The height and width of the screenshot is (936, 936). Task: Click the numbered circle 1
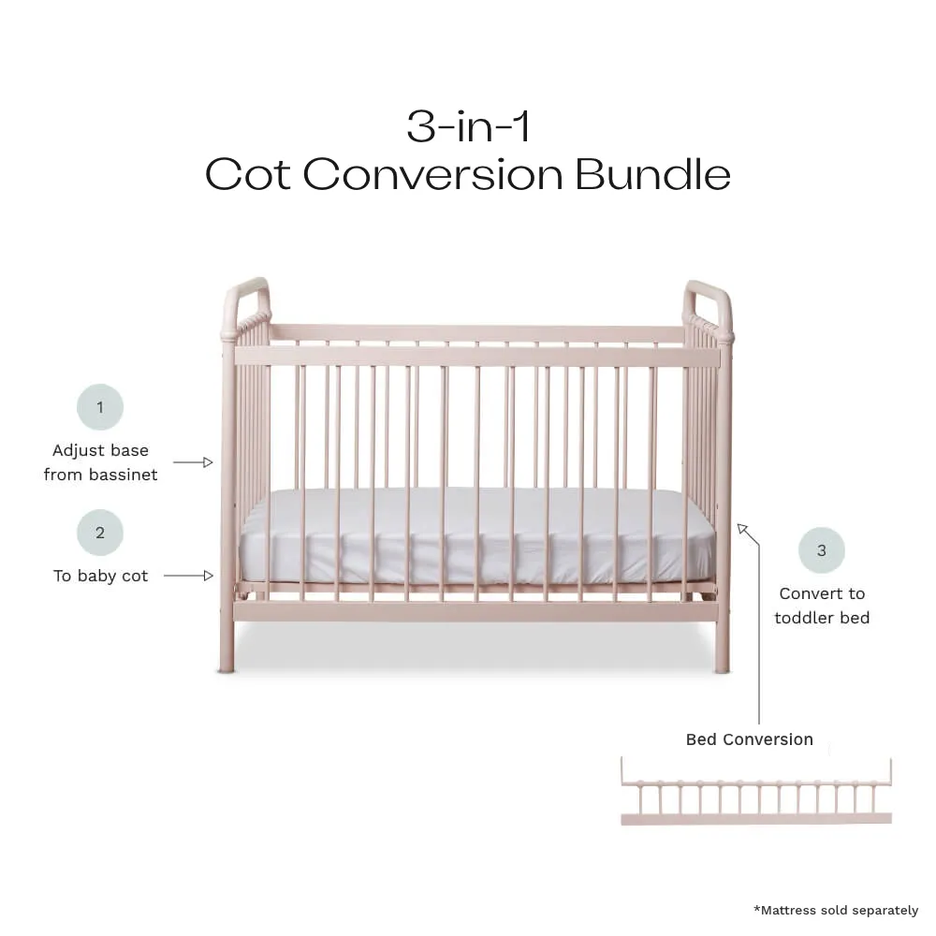pos(100,407)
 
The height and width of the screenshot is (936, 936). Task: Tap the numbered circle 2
pos(100,533)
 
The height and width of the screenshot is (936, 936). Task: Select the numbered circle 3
pos(822,550)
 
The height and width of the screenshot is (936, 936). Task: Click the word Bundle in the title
pos(653,174)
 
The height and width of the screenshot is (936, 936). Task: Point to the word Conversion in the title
pos(433,176)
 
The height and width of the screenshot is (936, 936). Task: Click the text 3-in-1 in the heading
pos(468,126)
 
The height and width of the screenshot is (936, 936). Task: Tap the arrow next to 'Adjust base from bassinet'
pos(193,462)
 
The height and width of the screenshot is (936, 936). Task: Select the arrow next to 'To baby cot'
pos(189,576)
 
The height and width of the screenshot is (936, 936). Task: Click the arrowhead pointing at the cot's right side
pos(742,529)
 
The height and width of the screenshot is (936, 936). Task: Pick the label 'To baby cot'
pos(100,576)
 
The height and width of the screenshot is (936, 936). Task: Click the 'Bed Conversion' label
pos(749,739)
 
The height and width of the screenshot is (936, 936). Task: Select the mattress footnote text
pos(836,911)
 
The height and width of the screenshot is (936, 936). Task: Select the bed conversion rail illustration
pos(756,792)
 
